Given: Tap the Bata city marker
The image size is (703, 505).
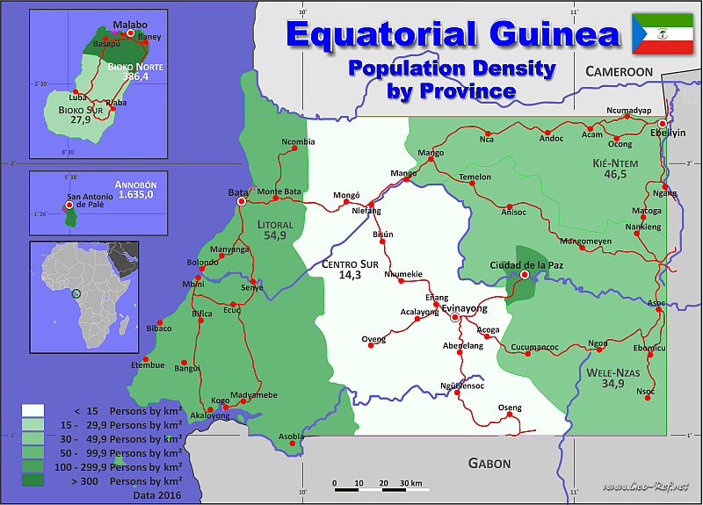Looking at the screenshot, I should (x=242, y=201).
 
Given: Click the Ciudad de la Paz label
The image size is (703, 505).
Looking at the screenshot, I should (x=525, y=264).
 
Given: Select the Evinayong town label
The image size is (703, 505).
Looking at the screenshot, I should (x=464, y=308).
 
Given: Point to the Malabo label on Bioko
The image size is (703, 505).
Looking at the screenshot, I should (x=131, y=25).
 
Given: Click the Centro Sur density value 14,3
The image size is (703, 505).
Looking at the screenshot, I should (x=350, y=275).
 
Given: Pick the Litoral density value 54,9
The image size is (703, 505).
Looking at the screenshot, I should (x=275, y=235).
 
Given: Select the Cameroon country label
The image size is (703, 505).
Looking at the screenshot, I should (x=620, y=71).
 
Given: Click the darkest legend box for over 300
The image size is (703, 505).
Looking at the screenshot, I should (x=33, y=481).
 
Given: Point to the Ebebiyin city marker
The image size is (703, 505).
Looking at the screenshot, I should (x=662, y=124).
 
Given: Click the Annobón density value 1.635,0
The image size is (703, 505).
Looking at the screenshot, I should (x=136, y=195).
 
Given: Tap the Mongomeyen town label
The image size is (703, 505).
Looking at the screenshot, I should (x=585, y=241).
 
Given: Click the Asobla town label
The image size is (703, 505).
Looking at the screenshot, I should (x=291, y=436).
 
